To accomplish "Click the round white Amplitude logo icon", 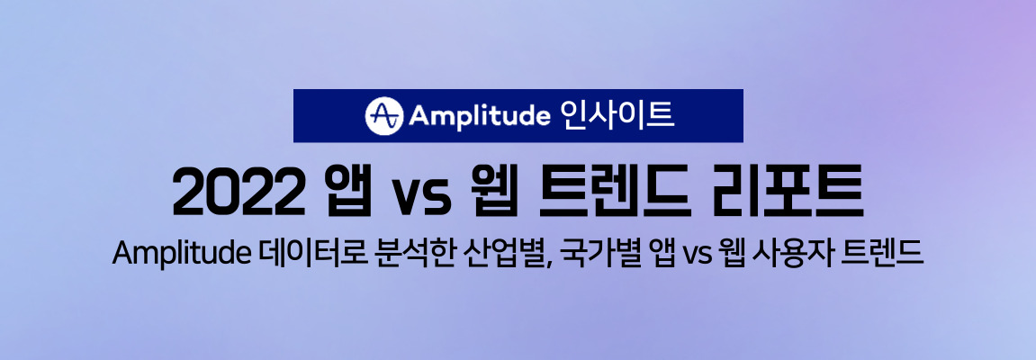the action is tap(383, 115).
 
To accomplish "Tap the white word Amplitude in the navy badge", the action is tap(480, 116).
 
